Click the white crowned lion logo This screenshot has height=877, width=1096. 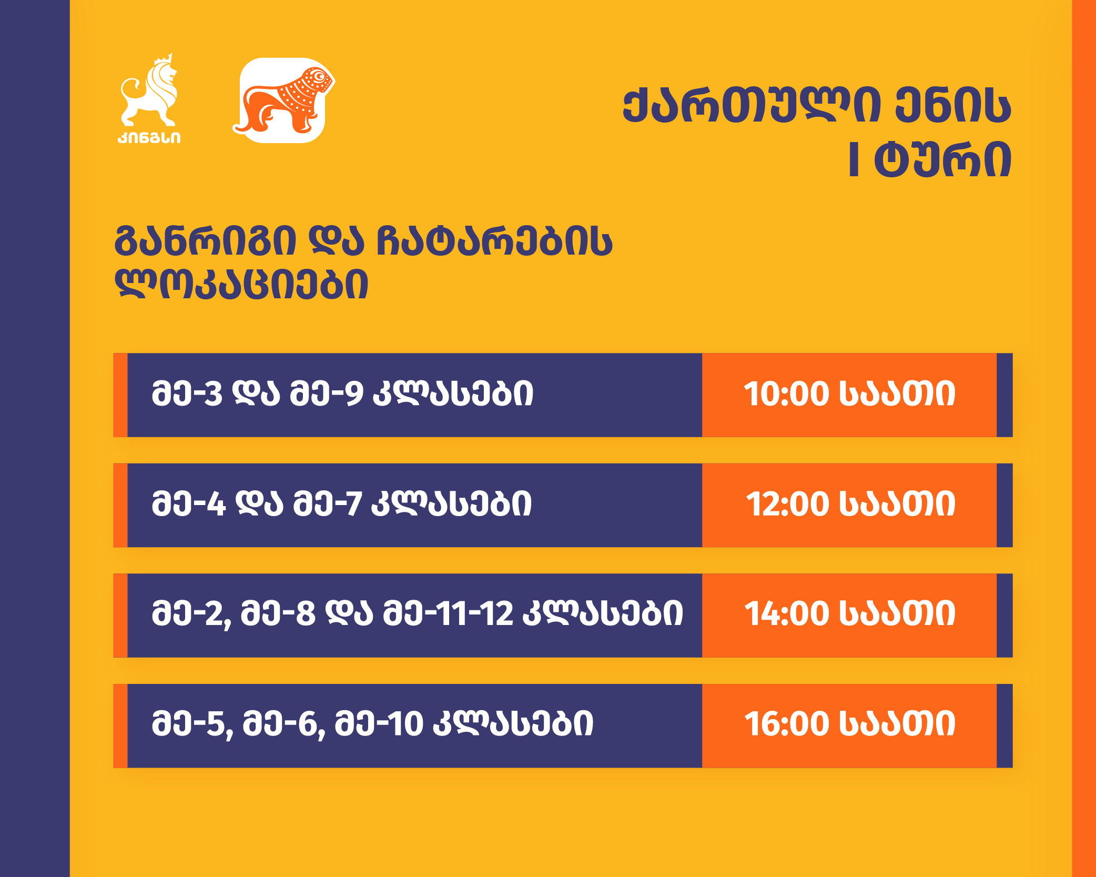pyautogui.click(x=149, y=90)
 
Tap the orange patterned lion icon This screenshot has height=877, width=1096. pyautogui.click(x=283, y=100)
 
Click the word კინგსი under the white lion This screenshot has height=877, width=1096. pyautogui.click(x=149, y=137)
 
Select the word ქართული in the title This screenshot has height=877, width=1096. pyautogui.click(x=752, y=107)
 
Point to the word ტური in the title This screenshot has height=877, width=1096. pyautogui.click(x=942, y=159)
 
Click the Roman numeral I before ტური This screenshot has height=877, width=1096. pyautogui.click(x=854, y=159)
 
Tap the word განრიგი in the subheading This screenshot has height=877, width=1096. pyautogui.click(x=206, y=242)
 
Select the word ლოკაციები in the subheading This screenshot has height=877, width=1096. pyautogui.click(x=241, y=285)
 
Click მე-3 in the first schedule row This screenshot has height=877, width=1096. pyautogui.click(x=187, y=394)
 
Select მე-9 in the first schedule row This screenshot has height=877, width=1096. pyautogui.click(x=327, y=394)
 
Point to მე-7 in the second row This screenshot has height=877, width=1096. pyautogui.click(x=328, y=504)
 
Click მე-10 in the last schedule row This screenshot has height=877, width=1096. pyautogui.click(x=379, y=724)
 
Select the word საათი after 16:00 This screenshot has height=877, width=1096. pyautogui.click(x=897, y=724)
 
